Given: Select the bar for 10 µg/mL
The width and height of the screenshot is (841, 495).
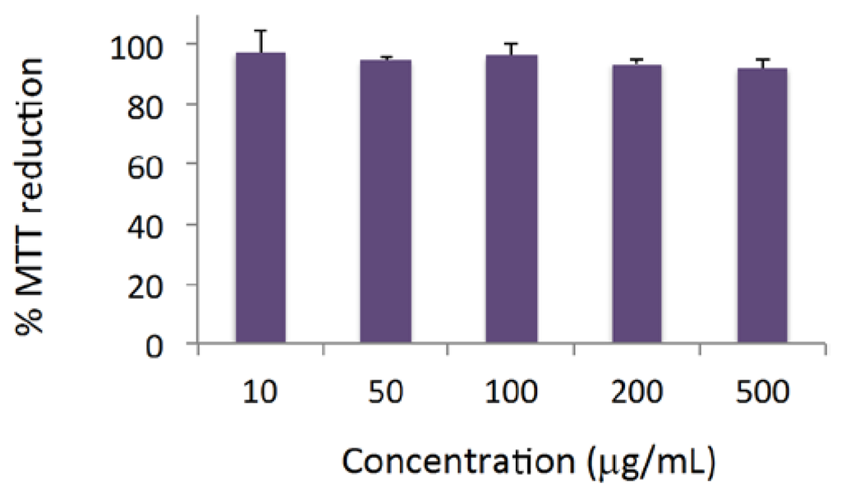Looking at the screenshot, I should pyautogui.click(x=260, y=197).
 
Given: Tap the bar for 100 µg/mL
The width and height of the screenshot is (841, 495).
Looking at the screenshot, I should pyautogui.click(x=511, y=199).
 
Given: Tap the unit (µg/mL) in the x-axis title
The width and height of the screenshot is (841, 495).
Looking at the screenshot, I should pyautogui.click(x=652, y=462).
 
